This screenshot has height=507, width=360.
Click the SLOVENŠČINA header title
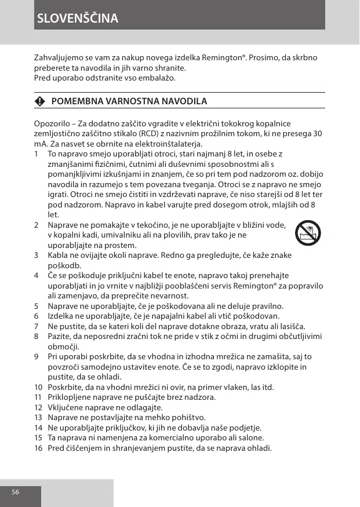tap(77, 18)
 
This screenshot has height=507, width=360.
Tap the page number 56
tap(16, 491)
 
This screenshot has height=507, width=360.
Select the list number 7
tap(37, 326)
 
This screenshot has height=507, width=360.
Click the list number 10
tap(38, 386)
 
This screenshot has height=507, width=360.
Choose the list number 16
tap(38, 448)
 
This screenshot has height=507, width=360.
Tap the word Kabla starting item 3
tap(58, 256)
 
